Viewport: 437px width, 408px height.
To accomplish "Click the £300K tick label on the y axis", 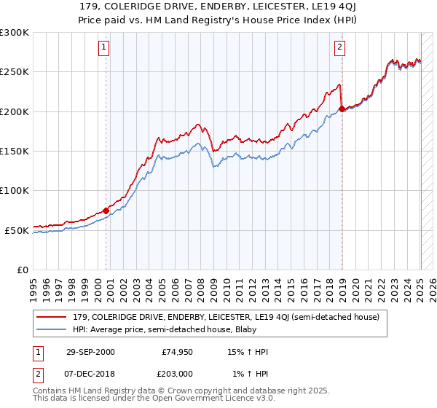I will (x=15, y=33).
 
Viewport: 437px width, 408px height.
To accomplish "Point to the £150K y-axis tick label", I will (x=15, y=152).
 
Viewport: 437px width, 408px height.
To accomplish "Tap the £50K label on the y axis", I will (x=17, y=230).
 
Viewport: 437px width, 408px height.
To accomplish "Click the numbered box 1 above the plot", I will (x=105, y=48).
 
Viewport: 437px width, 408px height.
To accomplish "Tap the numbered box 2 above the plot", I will (x=340, y=48).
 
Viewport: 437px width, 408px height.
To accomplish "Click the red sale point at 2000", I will (x=106, y=211).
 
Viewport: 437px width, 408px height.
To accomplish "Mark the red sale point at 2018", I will (x=342, y=109).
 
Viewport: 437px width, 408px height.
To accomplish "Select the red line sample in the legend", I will (x=52, y=317).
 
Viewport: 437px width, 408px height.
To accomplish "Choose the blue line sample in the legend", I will (x=52, y=329).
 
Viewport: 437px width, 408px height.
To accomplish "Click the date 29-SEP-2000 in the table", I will (x=91, y=352).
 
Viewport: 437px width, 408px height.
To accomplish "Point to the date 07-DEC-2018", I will (x=91, y=374).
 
